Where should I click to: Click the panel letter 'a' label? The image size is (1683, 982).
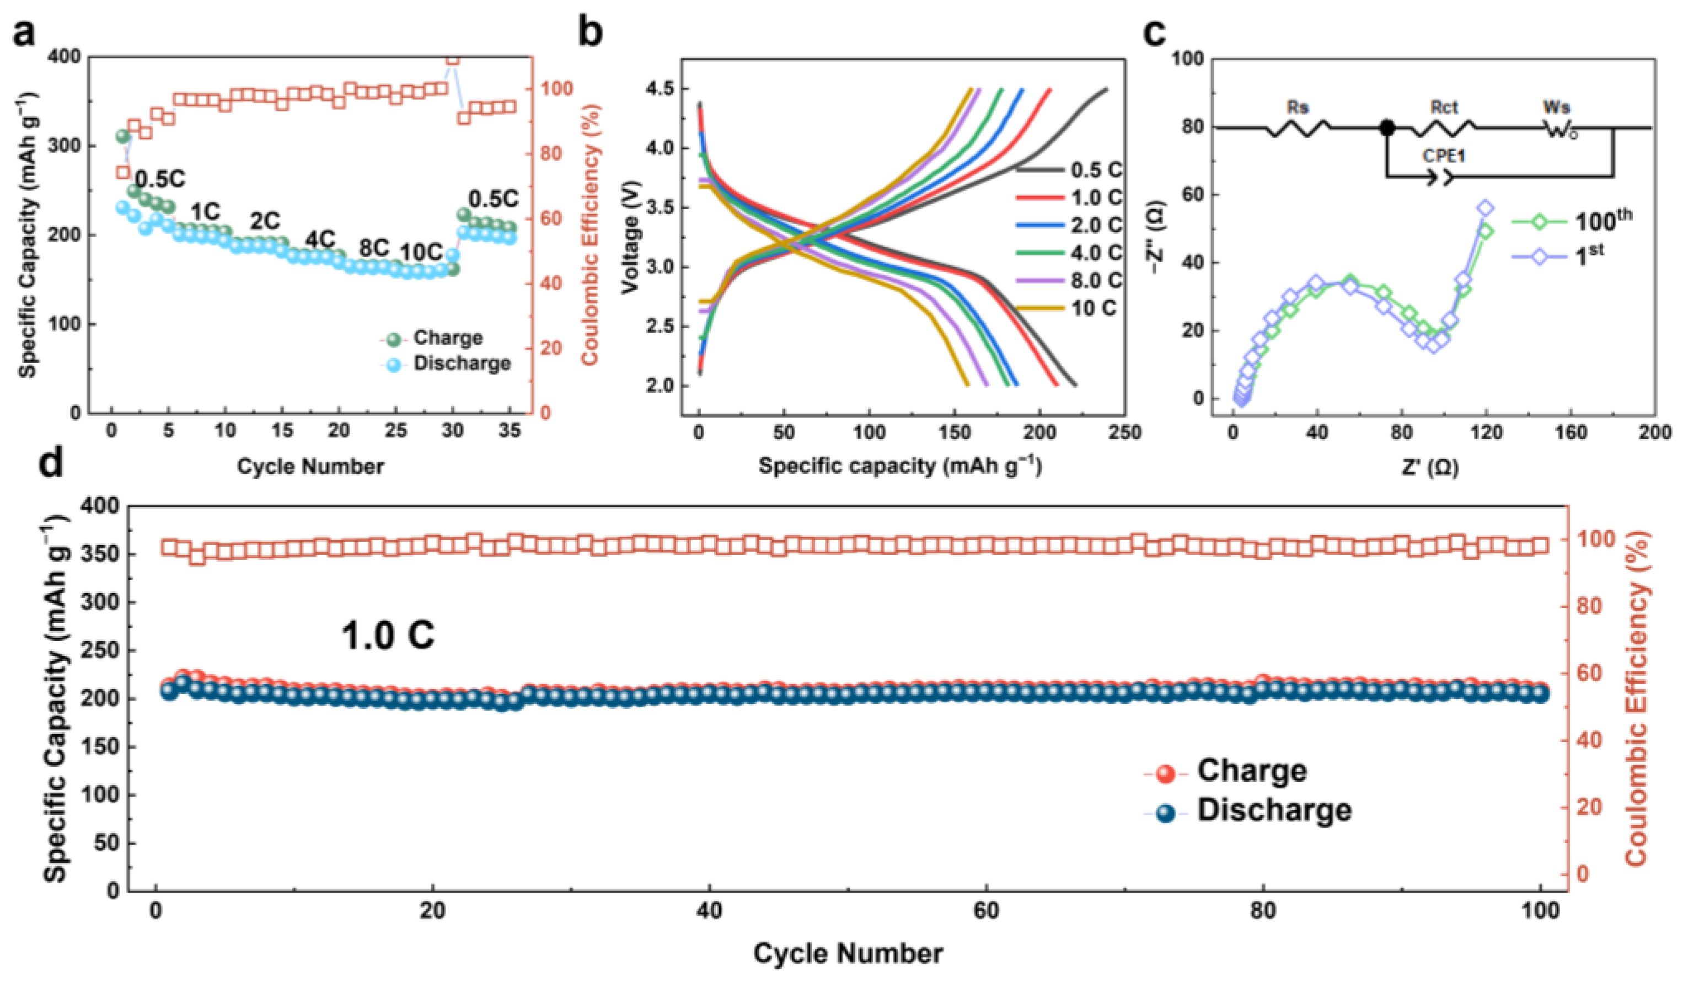(25, 32)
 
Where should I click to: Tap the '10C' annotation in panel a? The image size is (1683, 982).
(422, 253)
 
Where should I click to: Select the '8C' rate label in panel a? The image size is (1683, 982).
(373, 248)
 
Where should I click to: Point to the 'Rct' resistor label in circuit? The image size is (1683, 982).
(1445, 107)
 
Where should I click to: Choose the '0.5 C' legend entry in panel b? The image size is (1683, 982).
(1096, 170)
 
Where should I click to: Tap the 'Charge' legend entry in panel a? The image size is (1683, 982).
(447, 337)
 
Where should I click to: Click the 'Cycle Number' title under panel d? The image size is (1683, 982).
(848, 953)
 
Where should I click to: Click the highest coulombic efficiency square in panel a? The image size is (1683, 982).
(453, 60)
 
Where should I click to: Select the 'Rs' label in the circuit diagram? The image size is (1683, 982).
(1298, 107)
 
